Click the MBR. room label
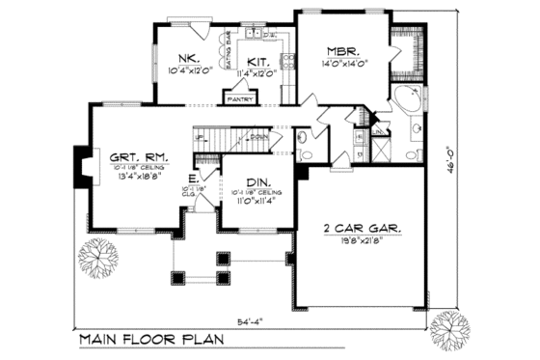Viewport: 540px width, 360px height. tap(342, 51)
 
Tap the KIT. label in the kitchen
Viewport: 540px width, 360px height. tap(256, 58)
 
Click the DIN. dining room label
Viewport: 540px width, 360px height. tap(256, 182)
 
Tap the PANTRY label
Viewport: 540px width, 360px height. tap(238, 97)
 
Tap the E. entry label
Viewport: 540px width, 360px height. tap(194, 179)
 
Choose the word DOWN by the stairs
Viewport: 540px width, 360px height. tap(258, 136)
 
